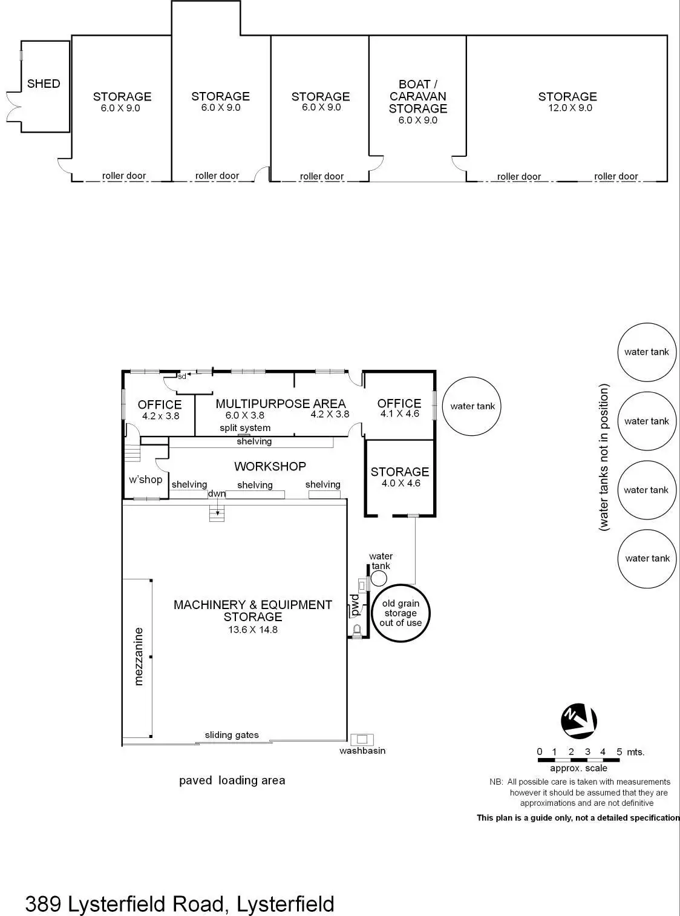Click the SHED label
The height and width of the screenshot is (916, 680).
44,84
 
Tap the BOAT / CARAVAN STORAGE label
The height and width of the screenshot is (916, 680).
417,96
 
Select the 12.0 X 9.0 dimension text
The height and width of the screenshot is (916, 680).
567,108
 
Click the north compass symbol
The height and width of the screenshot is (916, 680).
579,721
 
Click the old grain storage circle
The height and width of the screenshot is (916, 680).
400,613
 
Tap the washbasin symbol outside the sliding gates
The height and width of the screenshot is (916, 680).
362,739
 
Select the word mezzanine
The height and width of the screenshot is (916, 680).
139,656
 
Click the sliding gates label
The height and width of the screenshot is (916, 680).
232,735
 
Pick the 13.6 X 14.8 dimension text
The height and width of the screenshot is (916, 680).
253,630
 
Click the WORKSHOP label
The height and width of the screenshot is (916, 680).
270,466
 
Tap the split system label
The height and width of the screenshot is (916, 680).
245,428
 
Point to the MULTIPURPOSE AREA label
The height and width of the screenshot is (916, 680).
281,404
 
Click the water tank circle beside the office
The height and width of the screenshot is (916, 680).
472,406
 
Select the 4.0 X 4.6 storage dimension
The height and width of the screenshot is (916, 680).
400,483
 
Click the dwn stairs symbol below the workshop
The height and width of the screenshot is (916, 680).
217,514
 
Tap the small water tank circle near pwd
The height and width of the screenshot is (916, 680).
379,578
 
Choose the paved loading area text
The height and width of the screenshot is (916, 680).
232,780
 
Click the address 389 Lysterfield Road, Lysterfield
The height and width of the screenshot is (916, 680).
180,904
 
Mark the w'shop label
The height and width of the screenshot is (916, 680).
145,479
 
